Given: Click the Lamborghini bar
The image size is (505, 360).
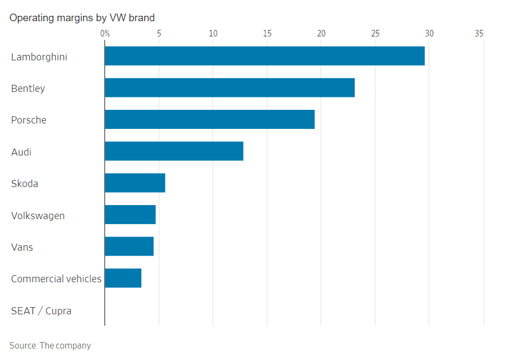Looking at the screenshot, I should tap(264, 56).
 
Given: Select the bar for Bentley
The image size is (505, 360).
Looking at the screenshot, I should tap(229, 88).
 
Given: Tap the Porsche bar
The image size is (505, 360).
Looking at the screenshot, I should tap(209, 120).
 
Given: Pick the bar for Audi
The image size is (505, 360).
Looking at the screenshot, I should tap(174, 151).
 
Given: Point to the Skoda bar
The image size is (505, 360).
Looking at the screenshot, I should tap(135, 183).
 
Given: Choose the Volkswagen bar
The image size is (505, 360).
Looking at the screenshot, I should tap(130, 215).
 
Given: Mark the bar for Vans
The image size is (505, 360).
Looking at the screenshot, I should tap(129, 246).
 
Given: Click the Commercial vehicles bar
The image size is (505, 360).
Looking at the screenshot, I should tap(123, 278).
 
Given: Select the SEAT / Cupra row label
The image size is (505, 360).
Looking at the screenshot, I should tap(41, 311).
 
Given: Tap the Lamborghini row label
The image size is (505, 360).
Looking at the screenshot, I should tap(39, 57).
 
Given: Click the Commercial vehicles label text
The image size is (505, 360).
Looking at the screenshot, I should tap(56, 279).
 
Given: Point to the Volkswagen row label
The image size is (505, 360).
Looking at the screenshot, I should tap(38, 215).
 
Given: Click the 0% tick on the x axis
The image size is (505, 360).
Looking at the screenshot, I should tap(105, 34).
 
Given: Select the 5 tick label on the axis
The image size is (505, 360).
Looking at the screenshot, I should tap(159, 34).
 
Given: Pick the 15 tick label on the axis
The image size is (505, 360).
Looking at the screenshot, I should tap(267, 34).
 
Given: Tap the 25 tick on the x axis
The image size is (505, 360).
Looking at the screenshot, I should tap(375, 34).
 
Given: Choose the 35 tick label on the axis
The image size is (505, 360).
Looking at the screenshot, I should tap(479, 34).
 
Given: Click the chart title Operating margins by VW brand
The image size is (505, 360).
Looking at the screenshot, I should tap(82, 18).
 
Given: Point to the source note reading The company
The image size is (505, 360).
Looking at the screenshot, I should tap(50, 345).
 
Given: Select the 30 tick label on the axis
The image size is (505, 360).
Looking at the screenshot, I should tap(429, 34).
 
